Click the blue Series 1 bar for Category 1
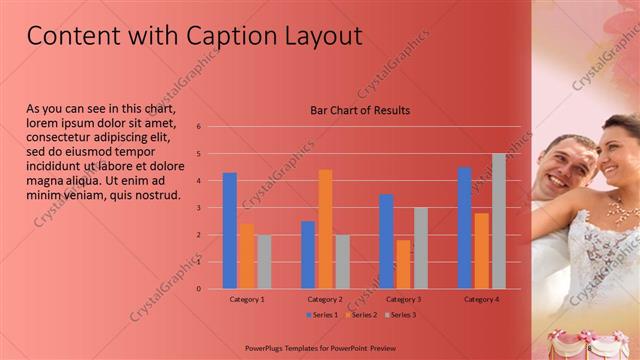click(x=230, y=231)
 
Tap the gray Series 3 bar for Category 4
click(x=498, y=221)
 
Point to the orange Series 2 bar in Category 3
click(x=403, y=264)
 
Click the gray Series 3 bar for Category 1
click(x=264, y=262)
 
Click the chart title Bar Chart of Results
click(x=359, y=110)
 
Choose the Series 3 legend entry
click(x=399, y=315)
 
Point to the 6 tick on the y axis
click(x=199, y=127)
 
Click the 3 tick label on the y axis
click(x=199, y=208)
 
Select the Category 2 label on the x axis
click(x=325, y=299)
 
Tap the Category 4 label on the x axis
click(x=481, y=299)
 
